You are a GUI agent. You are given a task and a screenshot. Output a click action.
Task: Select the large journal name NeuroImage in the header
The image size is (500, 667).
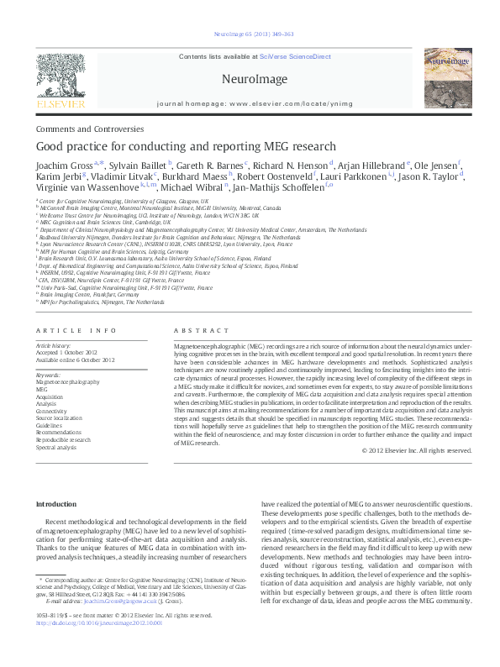pos(250,77)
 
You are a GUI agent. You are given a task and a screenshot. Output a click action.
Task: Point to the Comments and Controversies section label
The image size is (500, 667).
pos(91,129)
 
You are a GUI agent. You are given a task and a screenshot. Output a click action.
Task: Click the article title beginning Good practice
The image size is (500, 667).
pos(186,146)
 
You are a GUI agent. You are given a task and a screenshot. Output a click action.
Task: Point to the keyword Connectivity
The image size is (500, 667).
pos(53,410)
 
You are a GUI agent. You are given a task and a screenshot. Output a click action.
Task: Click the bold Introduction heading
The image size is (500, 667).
pos(55,503)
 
